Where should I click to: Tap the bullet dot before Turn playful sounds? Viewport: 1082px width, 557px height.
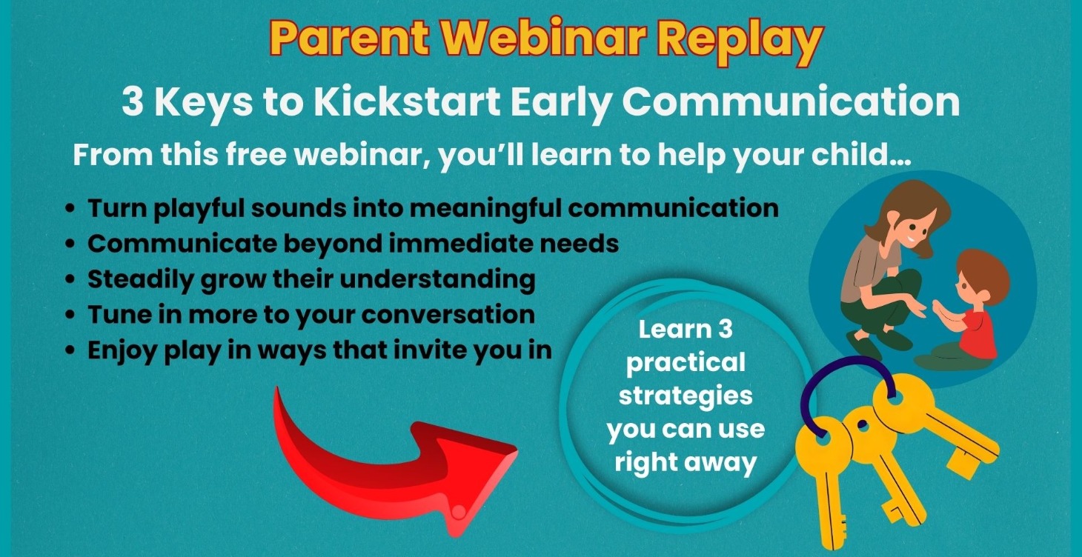tap(70, 209)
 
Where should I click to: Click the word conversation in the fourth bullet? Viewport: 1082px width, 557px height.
tap(448, 315)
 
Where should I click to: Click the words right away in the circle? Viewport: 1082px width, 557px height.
tap(686, 462)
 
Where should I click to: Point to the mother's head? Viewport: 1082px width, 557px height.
tap(908, 217)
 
